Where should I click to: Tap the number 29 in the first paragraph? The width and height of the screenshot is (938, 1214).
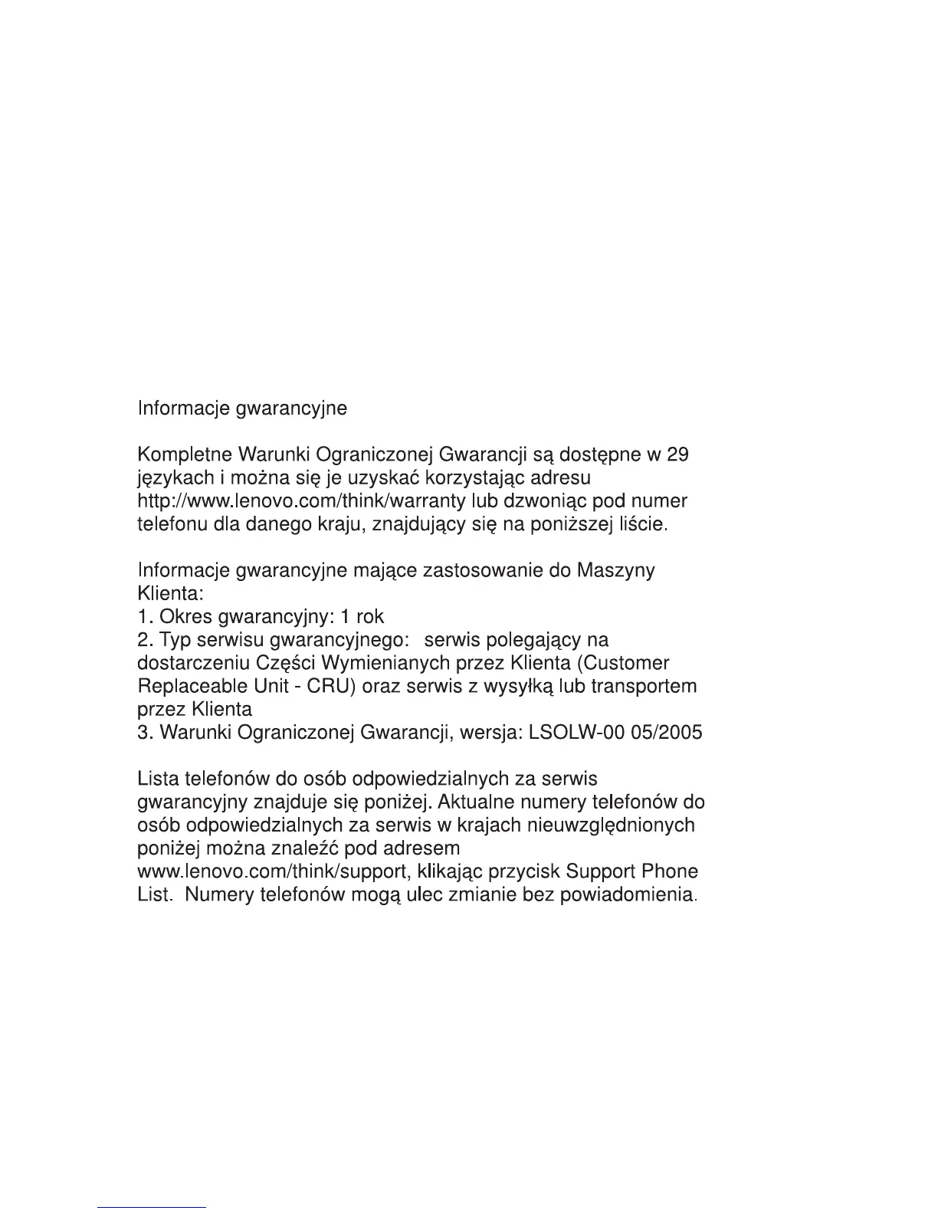point(677,455)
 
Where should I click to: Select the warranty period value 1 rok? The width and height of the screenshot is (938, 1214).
point(362,617)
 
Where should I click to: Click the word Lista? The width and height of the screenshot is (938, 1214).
point(158,779)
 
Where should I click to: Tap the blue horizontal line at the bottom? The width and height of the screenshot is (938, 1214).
point(152,1207)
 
